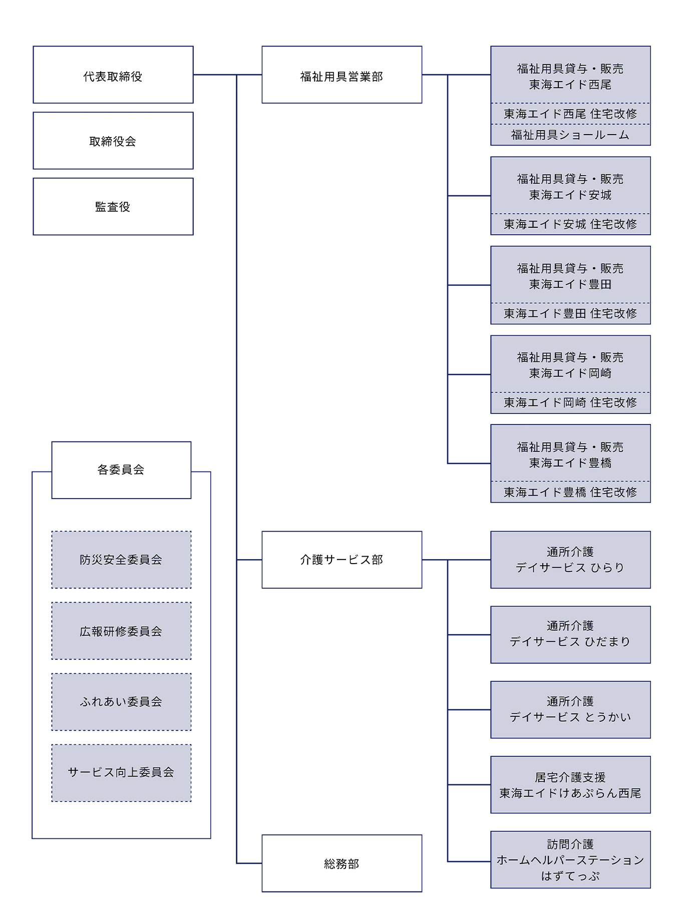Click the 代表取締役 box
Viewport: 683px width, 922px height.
click(113, 75)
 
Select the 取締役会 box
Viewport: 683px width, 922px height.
click(113, 141)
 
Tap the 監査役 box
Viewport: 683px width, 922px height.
click(113, 206)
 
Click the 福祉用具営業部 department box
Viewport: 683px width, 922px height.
click(341, 75)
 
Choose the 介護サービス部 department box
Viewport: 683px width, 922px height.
click(341, 560)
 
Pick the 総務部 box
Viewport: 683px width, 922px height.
click(341, 863)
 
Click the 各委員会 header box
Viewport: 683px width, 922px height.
click(121, 470)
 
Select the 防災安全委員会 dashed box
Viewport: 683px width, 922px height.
click(121, 560)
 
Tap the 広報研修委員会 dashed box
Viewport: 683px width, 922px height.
click(121, 631)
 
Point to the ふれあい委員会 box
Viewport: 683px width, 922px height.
click(121, 701)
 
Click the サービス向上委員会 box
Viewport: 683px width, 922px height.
click(121, 772)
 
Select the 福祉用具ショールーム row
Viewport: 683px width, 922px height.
click(570, 135)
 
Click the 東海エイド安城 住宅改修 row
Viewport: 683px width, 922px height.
click(570, 224)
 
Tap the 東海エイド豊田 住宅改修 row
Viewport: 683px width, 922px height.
click(570, 314)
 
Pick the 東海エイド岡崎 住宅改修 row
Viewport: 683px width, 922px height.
click(570, 403)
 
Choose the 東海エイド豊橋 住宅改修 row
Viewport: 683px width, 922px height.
click(570, 493)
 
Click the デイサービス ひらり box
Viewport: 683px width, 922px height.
click(570, 560)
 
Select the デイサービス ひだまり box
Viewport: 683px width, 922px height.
click(570, 634)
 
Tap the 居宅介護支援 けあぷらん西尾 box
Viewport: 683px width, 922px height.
click(570, 784)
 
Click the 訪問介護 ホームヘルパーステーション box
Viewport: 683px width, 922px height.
click(570, 859)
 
